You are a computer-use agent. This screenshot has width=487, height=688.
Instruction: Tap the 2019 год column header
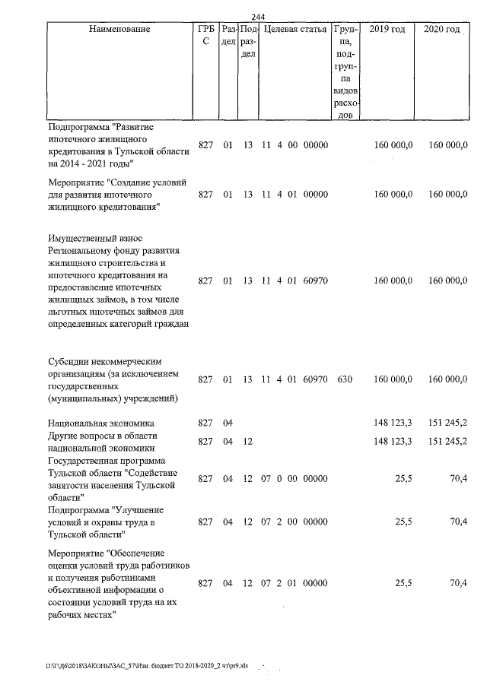tap(387, 29)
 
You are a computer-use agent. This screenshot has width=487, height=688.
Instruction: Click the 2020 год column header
tap(441, 29)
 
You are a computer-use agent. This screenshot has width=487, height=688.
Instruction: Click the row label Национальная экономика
tap(100, 423)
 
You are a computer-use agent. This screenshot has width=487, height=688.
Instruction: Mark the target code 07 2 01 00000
tap(294, 583)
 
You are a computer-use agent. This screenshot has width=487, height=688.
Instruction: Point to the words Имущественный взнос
tap(94, 239)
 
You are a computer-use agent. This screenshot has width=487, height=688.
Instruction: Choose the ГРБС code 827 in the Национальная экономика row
tap(205, 423)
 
